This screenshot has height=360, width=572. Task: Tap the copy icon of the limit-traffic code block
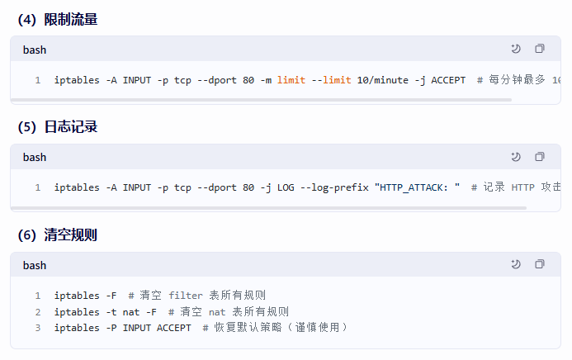(x=540, y=49)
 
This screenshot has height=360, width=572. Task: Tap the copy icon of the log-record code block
(x=540, y=157)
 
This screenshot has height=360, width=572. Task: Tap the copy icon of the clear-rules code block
(x=540, y=265)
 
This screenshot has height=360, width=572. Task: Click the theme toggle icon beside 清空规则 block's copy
(x=516, y=265)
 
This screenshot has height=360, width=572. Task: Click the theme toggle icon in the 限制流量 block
(x=516, y=49)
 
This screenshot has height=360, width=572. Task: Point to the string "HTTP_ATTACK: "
(x=418, y=187)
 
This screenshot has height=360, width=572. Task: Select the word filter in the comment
(x=186, y=296)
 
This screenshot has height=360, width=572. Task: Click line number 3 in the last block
(x=38, y=328)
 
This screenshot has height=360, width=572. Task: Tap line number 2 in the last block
(x=38, y=312)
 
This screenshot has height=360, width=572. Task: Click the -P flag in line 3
(x=111, y=328)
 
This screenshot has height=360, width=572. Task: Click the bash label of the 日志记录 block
(x=35, y=157)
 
